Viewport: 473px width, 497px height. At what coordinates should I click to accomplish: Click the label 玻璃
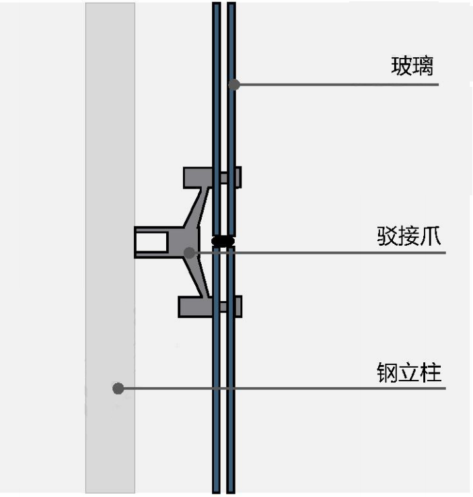(412, 67)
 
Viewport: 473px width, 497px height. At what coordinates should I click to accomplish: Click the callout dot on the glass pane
(233, 84)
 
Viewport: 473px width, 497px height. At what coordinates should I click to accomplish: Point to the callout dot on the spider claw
(189, 253)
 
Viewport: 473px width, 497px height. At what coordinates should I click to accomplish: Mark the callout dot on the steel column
(118, 389)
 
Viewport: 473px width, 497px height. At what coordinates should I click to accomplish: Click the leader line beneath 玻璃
(336, 84)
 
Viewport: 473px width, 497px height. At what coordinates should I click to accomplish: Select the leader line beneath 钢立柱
(283, 389)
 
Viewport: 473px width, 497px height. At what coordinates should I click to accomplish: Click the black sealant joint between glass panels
(223, 240)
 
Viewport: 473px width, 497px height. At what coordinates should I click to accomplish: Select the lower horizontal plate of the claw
(195, 306)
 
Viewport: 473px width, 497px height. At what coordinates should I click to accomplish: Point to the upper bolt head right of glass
(238, 176)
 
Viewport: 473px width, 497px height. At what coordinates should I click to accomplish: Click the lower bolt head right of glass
(238, 306)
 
